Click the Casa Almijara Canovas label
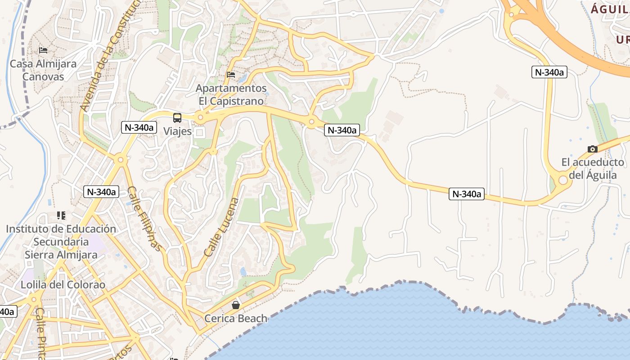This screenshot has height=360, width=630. click(x=43, y=70)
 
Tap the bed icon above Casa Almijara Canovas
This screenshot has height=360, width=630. click(x=43, y=50)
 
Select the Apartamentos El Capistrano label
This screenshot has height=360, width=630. click(x=231, y=94)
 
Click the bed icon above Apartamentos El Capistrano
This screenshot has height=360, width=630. click(x=231, y=74)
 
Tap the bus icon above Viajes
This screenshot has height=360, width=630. click(x=177, y=118)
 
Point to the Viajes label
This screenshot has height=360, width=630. click(x=177, y=131)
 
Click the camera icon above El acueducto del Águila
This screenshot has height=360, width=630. click(x=593, y=149)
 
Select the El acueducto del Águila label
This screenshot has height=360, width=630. click(x=593, y=168)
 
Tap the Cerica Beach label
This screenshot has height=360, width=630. click(x=236, y=319)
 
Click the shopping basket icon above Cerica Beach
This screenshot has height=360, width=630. click(x=236, y=306)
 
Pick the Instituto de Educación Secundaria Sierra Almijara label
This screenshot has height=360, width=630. click(x=61, y=242)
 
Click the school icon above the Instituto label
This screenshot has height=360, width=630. click(x=61, y=216)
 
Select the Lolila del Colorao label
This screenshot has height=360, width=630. click(x=63, y=285)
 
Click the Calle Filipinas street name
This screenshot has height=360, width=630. click(x=144, y=218)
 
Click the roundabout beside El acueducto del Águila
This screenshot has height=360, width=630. click(x=562, y=180)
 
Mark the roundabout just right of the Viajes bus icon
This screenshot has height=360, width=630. click(x=200, y=118)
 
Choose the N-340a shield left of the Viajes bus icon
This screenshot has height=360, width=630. click(x=139, y=127)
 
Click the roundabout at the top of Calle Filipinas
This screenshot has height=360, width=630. click(x=120, y=160)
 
